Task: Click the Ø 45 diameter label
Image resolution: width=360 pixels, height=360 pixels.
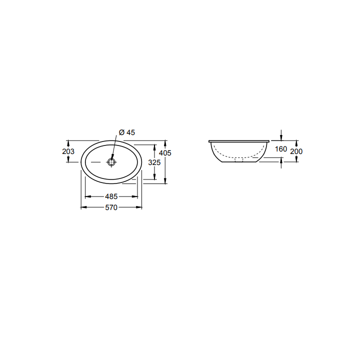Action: pos(127,132)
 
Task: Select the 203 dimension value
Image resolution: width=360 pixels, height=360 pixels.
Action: pos(69,151)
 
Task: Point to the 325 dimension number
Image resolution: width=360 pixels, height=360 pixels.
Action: pos(154,162)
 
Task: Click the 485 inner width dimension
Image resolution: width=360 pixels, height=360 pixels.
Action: pos(111,196)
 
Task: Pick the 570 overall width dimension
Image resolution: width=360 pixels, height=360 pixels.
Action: pos(111,208)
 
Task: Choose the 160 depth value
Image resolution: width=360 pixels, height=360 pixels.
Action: pos(280,149)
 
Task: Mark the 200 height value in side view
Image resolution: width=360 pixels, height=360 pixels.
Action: pos(296,151)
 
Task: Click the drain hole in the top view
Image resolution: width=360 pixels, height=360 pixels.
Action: pos(111,162)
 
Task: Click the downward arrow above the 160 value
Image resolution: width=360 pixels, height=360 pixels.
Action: pos(281,137)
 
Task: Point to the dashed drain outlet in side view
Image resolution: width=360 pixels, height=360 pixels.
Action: pos(238,161)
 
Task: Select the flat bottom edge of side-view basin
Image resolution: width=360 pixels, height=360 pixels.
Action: pos(238,163)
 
